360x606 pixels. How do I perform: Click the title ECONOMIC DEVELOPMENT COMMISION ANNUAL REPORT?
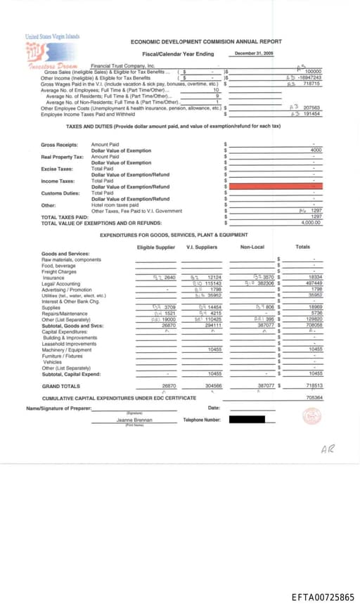tap(206, 42)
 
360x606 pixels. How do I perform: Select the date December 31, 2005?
tap(254, 53)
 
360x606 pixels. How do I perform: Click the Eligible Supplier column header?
tap(155, 247)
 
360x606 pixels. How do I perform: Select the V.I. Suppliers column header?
tap(201, 247)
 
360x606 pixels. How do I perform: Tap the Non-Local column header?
tap(252, 247)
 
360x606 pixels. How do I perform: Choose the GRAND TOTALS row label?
tap(60, 386)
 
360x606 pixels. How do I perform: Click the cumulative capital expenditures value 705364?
tap(314, 398)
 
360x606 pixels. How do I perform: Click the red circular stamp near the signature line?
tap(311, 415)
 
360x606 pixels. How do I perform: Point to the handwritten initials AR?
tap(327, 449)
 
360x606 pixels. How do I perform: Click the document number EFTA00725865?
tap(323, 597)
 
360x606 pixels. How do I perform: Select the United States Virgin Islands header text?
tap(52, 37)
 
